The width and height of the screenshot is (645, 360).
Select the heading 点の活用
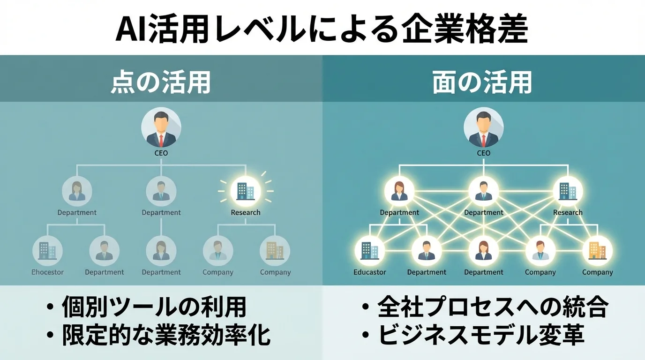pyautogui.click(x=161, y=82)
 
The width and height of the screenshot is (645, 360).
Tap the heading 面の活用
pyautogui.click(x=483, y=82)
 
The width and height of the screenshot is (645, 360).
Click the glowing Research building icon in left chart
pyautogui.click(x=246, y=191)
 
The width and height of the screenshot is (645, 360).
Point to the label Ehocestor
pyautogui.click(x=47, y=272)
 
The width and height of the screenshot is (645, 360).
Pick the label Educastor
pyautogui.click(x=370, y=272)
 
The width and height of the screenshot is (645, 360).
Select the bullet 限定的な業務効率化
pyautogui.click(x=166, y=336)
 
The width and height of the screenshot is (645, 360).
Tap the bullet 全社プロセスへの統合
pyautogui.click(x=492, y=308)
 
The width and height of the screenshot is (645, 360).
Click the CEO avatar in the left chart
pyautogui.click(x=161, y=127)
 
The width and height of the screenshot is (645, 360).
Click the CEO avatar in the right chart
pyautogui.click(x=483, y=127)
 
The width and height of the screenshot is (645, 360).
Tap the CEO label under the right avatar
pyautogui.click(x=483, y=153)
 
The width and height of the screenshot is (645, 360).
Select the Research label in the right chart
pyautogui.click(x=568, y=213)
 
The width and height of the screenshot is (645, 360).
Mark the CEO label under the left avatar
pyautogui.click(x=161, y=153)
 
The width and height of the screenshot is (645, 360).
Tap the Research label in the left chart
pyautogui.click(x=246, y=213)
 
